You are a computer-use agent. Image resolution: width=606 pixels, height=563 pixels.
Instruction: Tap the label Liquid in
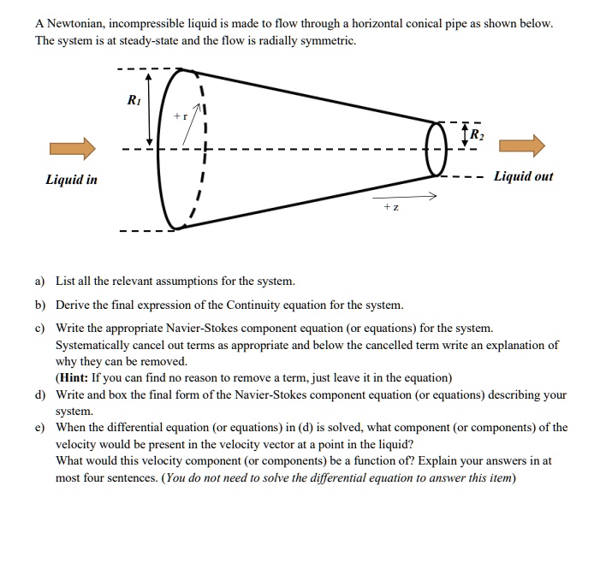point(72,180)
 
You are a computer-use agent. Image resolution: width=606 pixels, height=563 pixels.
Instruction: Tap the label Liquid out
point(523,176)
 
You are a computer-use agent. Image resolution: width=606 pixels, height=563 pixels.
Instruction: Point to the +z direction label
point(390,208)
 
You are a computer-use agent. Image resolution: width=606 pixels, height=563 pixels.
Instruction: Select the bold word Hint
point(78,377)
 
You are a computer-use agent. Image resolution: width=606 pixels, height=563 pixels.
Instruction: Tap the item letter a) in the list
point(40,281)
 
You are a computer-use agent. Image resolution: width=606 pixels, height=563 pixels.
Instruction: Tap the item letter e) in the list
point(40,428)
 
